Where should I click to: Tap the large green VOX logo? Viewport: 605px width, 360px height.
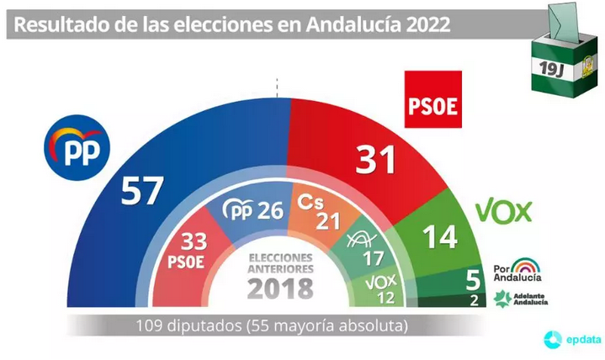point(504,209)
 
